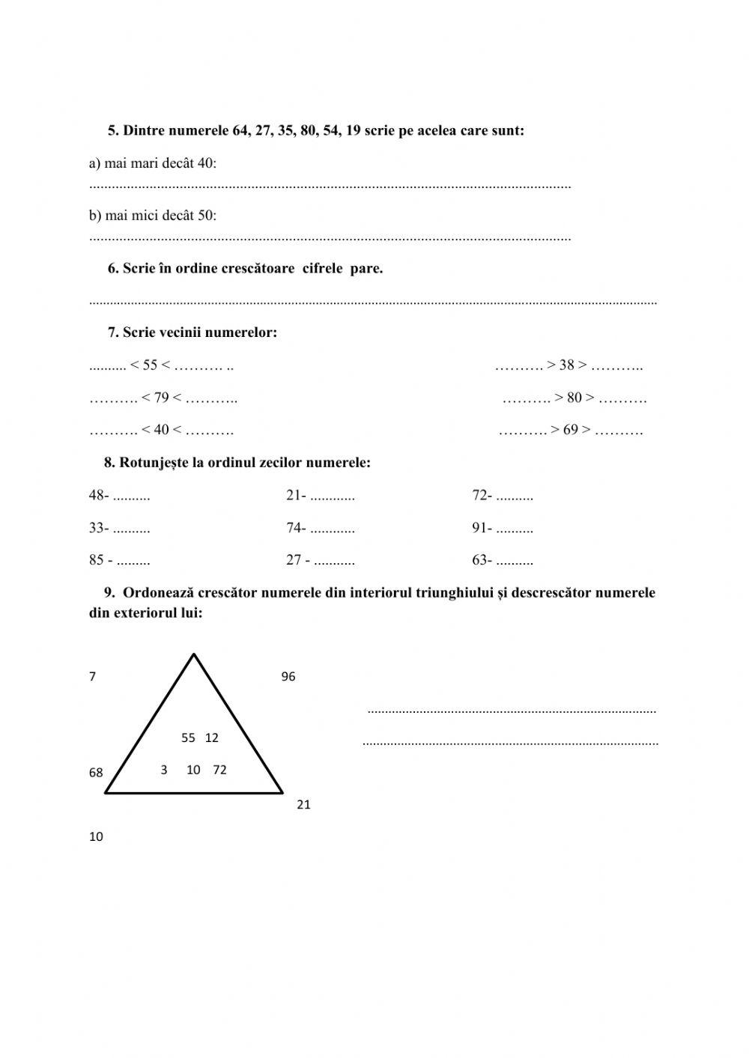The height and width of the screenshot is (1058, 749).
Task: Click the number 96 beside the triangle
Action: (288, 677)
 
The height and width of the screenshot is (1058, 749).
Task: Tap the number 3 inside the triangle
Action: (163, 770)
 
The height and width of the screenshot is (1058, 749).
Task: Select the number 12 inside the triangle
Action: (211, 738)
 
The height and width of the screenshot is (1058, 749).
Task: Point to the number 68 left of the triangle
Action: (96, 773)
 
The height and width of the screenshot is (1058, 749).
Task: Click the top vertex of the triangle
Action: (194, 655)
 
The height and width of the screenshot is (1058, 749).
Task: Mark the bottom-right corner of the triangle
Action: (282, 791)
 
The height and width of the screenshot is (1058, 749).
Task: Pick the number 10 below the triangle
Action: (96, 837)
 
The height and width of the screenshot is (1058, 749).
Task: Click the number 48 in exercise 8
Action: (97, 496)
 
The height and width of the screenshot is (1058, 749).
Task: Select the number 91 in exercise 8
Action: (480, 529)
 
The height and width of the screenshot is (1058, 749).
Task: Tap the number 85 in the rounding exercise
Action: (97, 561)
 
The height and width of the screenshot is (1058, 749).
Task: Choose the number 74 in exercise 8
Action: (294, 529)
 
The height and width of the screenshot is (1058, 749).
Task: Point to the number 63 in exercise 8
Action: (480, 561)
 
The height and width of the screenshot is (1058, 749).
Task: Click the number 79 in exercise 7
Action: (161, 398)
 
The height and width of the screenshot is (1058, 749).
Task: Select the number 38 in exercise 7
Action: (566, 365)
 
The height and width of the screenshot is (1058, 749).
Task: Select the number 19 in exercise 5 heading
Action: (354, 130)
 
